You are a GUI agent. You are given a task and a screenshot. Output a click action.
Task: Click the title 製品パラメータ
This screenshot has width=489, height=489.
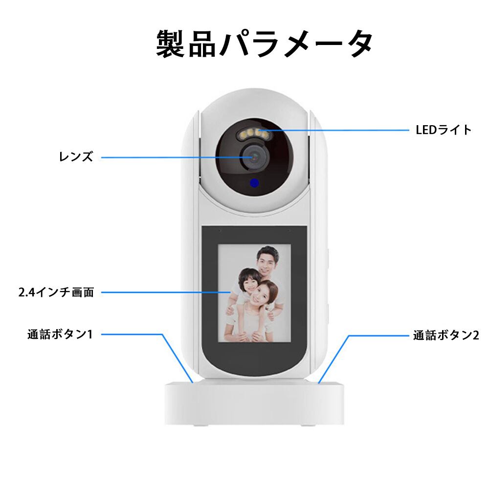click(x=265, y=44)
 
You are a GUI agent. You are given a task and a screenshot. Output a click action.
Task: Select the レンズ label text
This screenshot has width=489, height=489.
click(x=76, y=157)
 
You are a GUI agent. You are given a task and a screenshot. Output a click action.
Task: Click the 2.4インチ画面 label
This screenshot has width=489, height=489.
click(x=55, y=292)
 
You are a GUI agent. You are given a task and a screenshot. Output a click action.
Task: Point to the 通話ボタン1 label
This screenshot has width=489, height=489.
click(x=60, y=334)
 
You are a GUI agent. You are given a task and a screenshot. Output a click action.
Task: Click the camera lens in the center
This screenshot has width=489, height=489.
click(x=255, y=156)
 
